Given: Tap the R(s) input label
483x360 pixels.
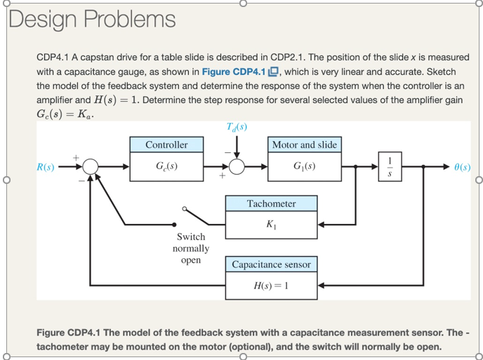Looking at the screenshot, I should (x=46, y=168).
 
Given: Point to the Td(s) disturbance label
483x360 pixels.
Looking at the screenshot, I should (x=237, y=126).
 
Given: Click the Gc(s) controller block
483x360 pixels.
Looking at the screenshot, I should (x=166, y=168).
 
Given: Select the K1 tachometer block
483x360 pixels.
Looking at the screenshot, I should (x=271, y=225).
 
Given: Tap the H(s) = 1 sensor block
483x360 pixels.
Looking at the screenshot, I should (x=271, y=286).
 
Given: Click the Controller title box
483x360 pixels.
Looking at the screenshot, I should (x=166, y=145).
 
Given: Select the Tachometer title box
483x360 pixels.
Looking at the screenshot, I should (x=271, y=204).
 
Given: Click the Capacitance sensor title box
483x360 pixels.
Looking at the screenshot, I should (x=271, y=265).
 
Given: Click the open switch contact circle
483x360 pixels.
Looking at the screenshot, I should (x=185, y=209).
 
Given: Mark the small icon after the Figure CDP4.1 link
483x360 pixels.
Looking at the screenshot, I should (x=275, y=71).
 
